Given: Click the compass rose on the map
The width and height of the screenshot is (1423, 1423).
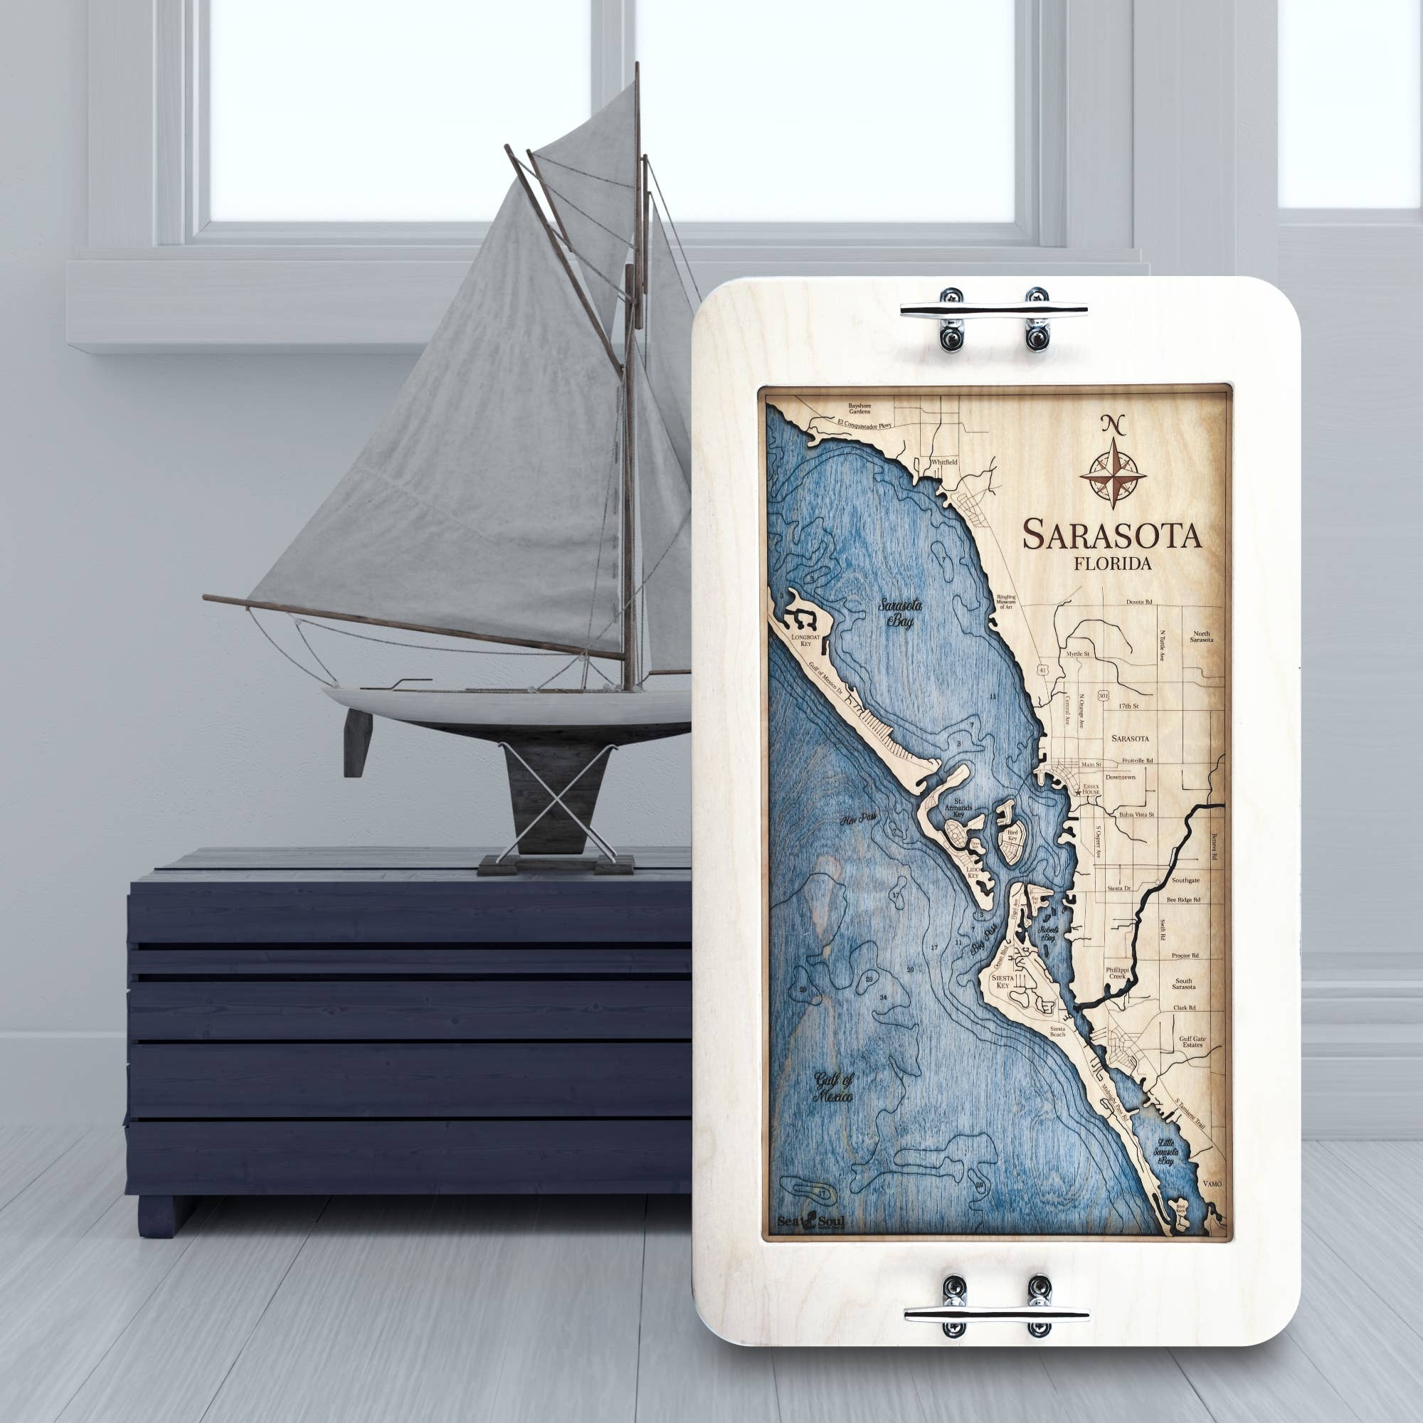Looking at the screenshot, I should pyautogui.click(x=1113, y=473).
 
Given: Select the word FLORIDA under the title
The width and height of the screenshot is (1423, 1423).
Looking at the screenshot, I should pyautogui.click(x=1112, y=564).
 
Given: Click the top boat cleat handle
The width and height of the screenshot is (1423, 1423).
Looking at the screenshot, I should pyautogui.click(x=993, y=310).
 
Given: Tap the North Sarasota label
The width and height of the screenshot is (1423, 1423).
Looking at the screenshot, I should pyautogui.click(x=1201, y=636).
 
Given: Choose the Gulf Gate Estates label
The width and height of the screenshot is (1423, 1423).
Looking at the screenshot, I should pyautogui.click(x=1192, y=1041).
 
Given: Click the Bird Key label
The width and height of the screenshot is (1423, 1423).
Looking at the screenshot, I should pyautogui.click(x=1011, y=835).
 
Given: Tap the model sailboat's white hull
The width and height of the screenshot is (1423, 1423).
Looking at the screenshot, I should pyautogui.click(x=508, y=708).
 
